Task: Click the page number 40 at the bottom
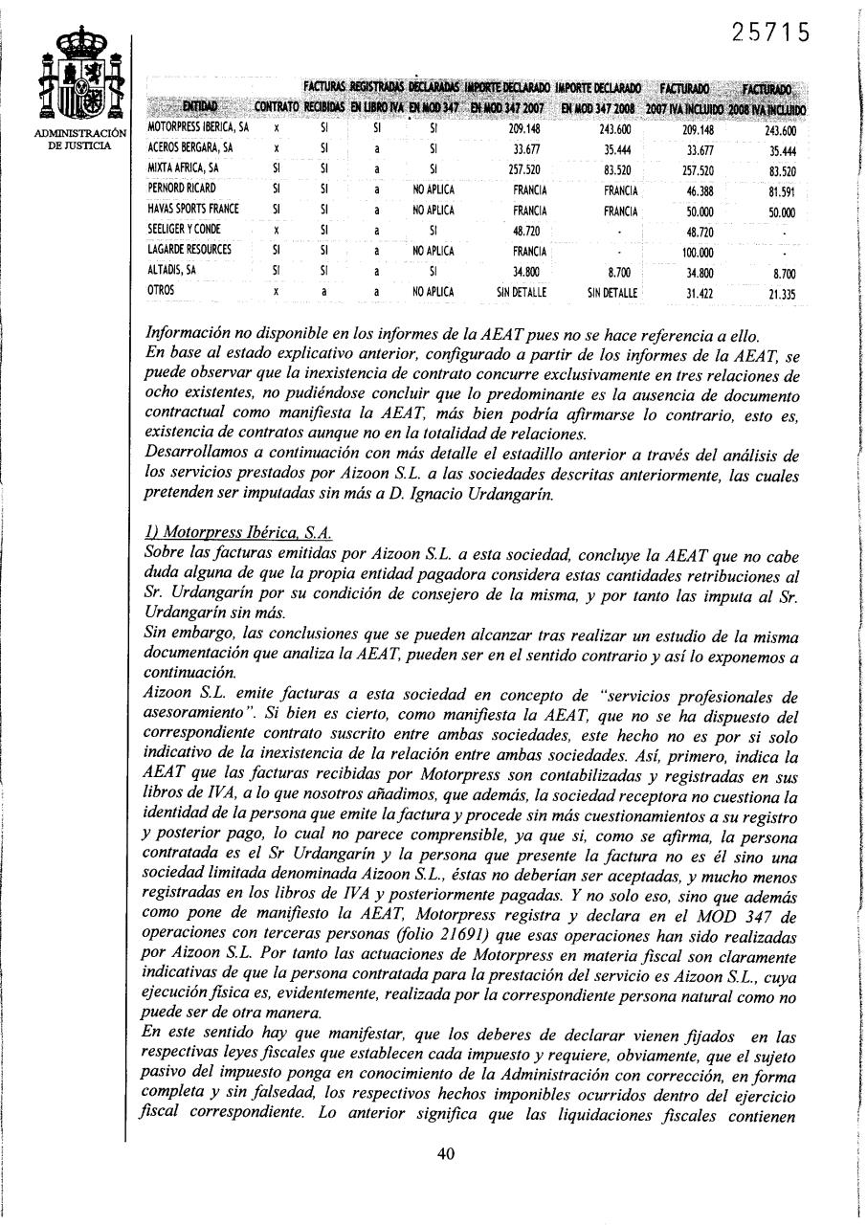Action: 445,1153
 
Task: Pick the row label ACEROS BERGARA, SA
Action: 190,148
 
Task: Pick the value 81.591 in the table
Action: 781,189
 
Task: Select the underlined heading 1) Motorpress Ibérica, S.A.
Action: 237,533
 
